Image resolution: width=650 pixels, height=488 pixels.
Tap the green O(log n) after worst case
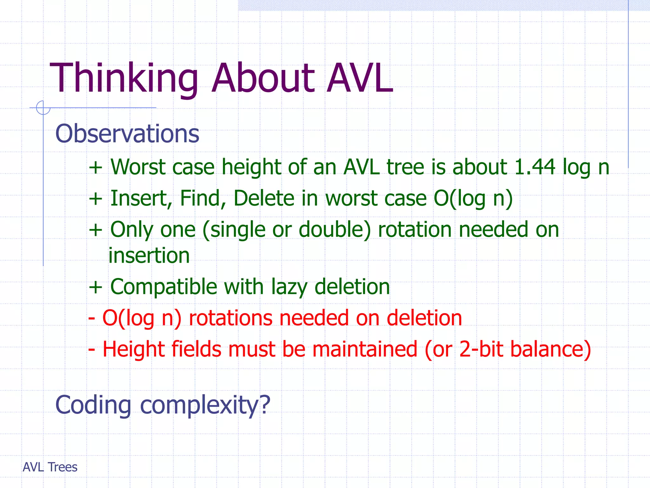[x=473, y=199]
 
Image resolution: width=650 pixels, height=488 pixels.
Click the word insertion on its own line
[x=149, y=256]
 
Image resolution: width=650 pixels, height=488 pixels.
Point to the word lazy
[x=289, y=287]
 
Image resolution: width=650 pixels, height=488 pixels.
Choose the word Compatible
[x=163, y=287]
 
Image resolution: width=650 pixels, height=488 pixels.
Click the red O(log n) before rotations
[x=142, y=318]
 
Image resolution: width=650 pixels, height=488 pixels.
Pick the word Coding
[x=93, y=405]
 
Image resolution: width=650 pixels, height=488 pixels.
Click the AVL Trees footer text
[x=50, y=467]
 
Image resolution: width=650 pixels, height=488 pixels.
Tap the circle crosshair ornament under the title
[x=43, y=108]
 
